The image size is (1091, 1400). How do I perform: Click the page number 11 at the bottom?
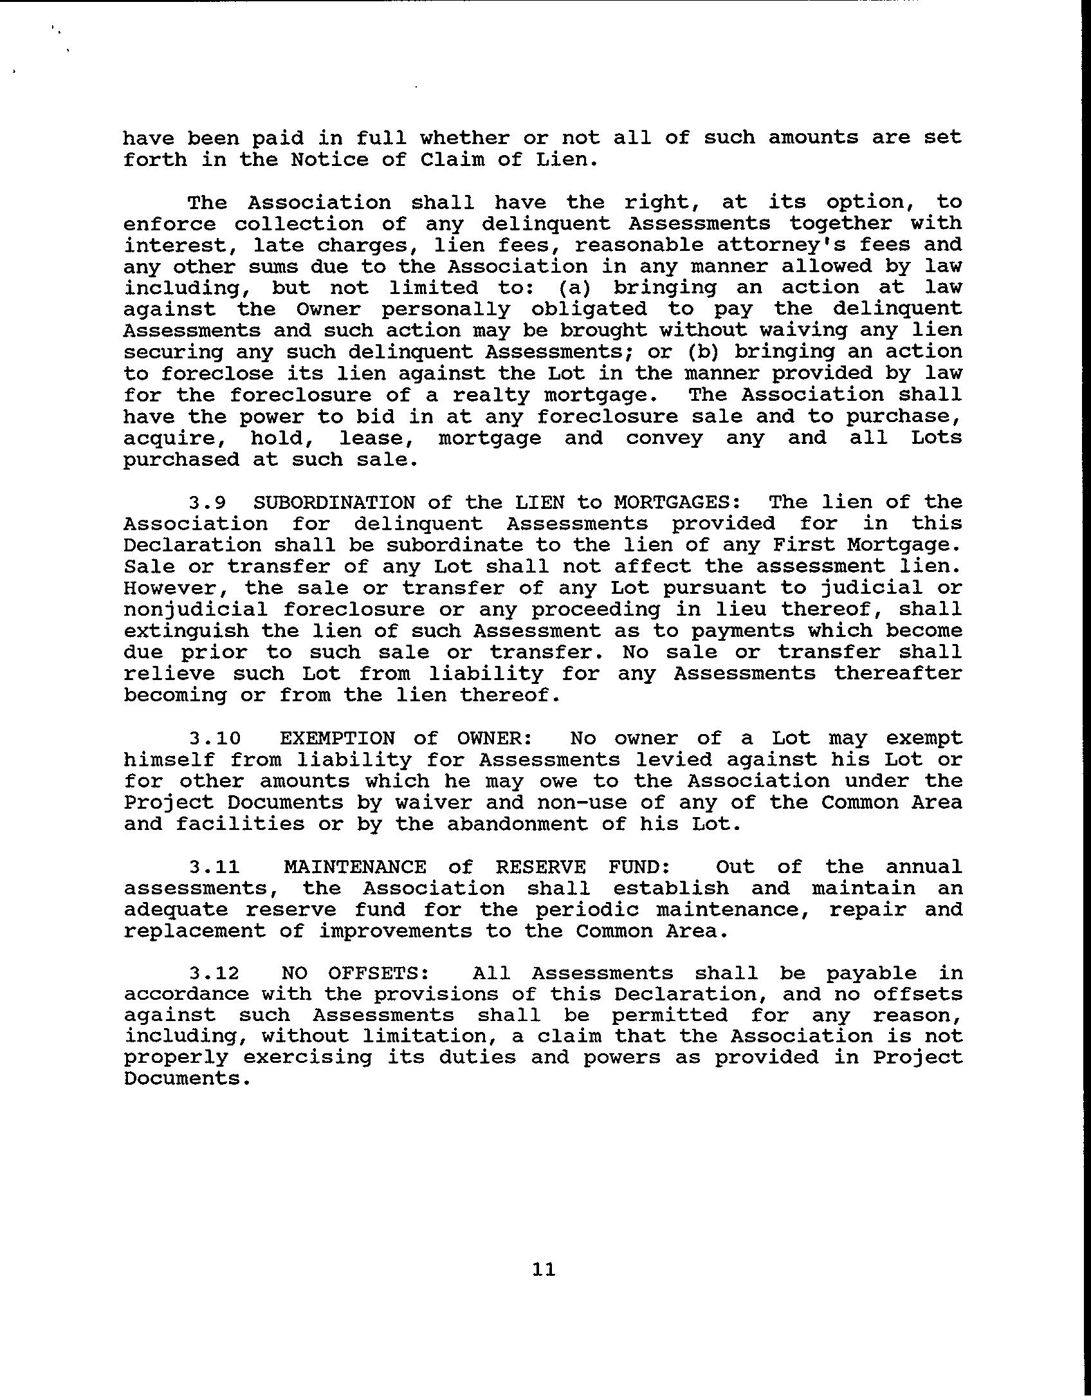(544, 1269)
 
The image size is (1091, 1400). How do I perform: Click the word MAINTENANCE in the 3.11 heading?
(354, 867)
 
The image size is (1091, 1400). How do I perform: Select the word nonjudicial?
(195, 609)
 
